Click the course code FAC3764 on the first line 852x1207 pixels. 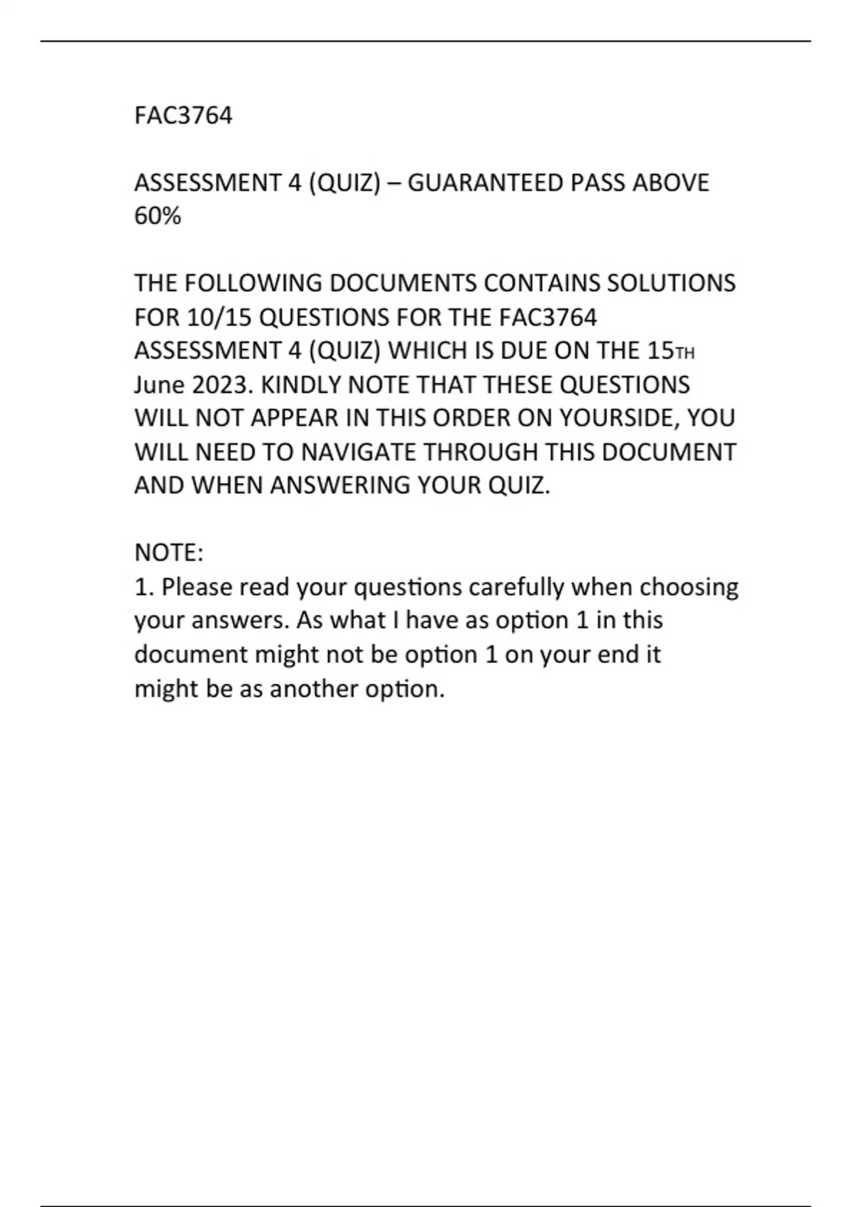183,116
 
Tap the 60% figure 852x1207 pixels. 158,216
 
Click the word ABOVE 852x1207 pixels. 670,183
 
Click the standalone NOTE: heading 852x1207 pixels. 169,552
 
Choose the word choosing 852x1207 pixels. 689,587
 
